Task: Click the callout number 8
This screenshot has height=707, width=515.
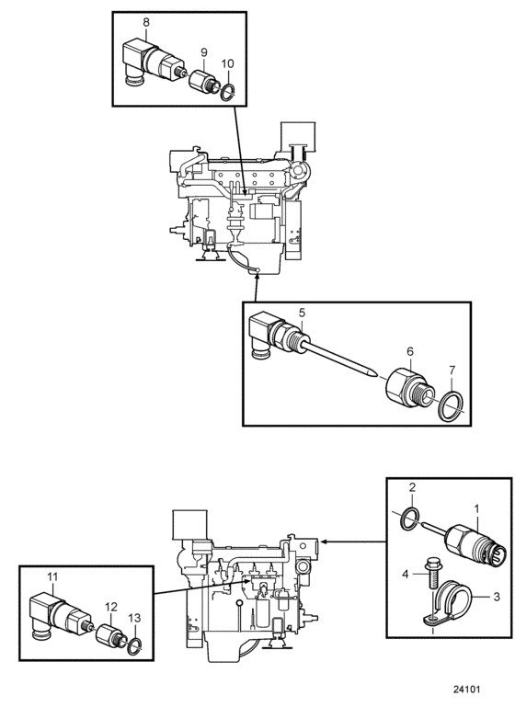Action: pos(146,22)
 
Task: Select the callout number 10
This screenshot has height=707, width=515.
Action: pos(228,63)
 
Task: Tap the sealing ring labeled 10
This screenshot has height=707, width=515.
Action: pos(228,92)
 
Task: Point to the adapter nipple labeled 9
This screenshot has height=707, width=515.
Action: pos(203,81)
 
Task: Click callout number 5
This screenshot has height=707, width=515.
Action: pos(303,313)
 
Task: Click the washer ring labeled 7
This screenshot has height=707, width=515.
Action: pos(452,405)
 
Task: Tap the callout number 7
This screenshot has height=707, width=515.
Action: pos(452,371)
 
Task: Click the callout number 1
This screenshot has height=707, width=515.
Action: pos(476,509)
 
